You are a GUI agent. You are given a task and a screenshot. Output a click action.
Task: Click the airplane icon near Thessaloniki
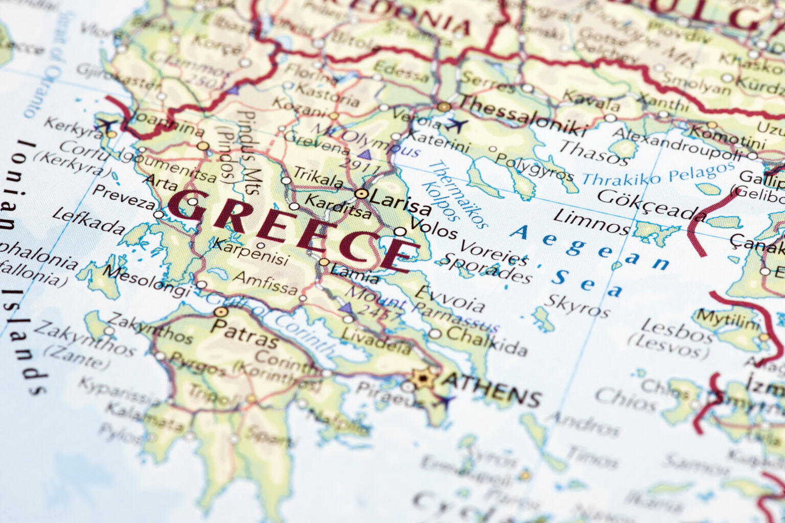point(456,124)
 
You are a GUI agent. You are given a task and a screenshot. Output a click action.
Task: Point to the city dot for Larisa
point(361,194)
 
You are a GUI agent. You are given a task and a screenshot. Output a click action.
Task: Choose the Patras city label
point(244,332)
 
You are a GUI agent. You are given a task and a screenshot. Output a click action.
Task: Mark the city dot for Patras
point(221,311)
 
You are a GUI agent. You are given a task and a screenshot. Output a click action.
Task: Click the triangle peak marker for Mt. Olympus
point(364,154)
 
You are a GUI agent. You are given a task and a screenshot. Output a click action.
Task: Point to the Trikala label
point(318,177)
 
